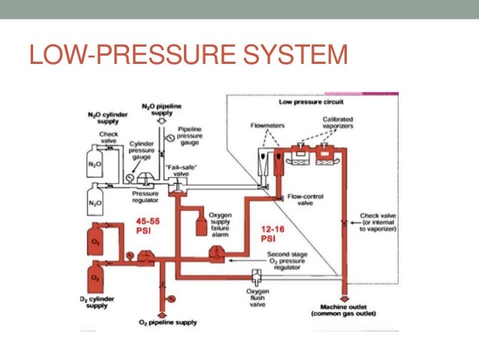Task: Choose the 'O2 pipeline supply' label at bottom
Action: (x=162, y=322)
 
